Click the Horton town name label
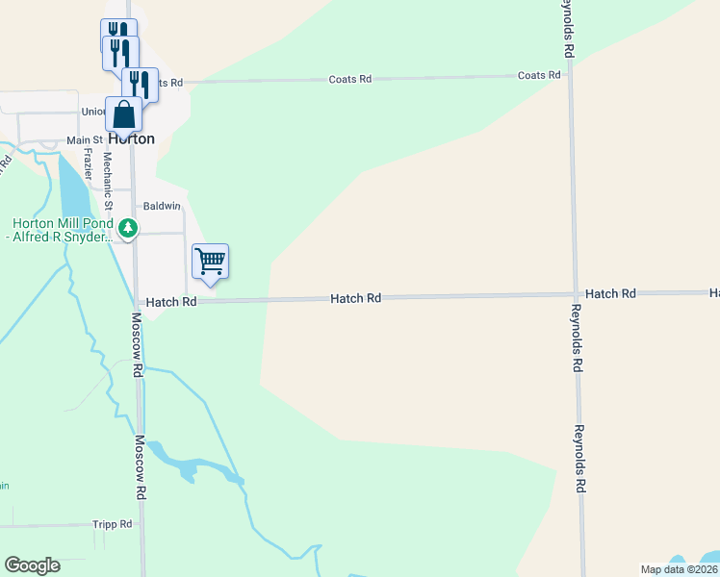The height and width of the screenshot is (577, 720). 131,138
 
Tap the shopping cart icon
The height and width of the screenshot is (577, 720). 210,261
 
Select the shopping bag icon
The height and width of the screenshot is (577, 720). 124,114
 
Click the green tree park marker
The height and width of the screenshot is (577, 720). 128,229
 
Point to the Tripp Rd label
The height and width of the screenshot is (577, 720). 113,524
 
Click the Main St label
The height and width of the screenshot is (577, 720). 85,140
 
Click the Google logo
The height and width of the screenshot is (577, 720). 32,565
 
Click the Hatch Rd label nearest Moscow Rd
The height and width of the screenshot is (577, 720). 172,302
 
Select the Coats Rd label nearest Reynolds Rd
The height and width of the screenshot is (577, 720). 539,75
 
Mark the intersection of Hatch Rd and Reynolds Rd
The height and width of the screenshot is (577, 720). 575,294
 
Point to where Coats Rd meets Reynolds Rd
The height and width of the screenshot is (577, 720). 570,76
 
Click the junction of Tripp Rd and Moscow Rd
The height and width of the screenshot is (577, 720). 142,525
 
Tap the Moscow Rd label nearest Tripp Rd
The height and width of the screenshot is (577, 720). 140,467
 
